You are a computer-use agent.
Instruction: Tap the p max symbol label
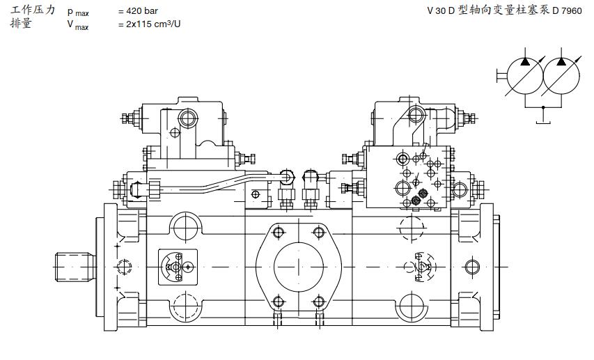coord(78,12)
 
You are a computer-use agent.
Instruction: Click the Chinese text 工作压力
coord(32,10)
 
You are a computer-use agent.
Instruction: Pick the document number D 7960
coord(567,11)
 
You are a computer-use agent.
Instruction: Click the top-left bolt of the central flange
coord(278,232)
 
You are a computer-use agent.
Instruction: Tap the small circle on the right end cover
coord(472,266)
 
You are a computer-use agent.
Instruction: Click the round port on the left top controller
coord(189,118)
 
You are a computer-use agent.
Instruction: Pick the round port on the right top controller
coord(416,114)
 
